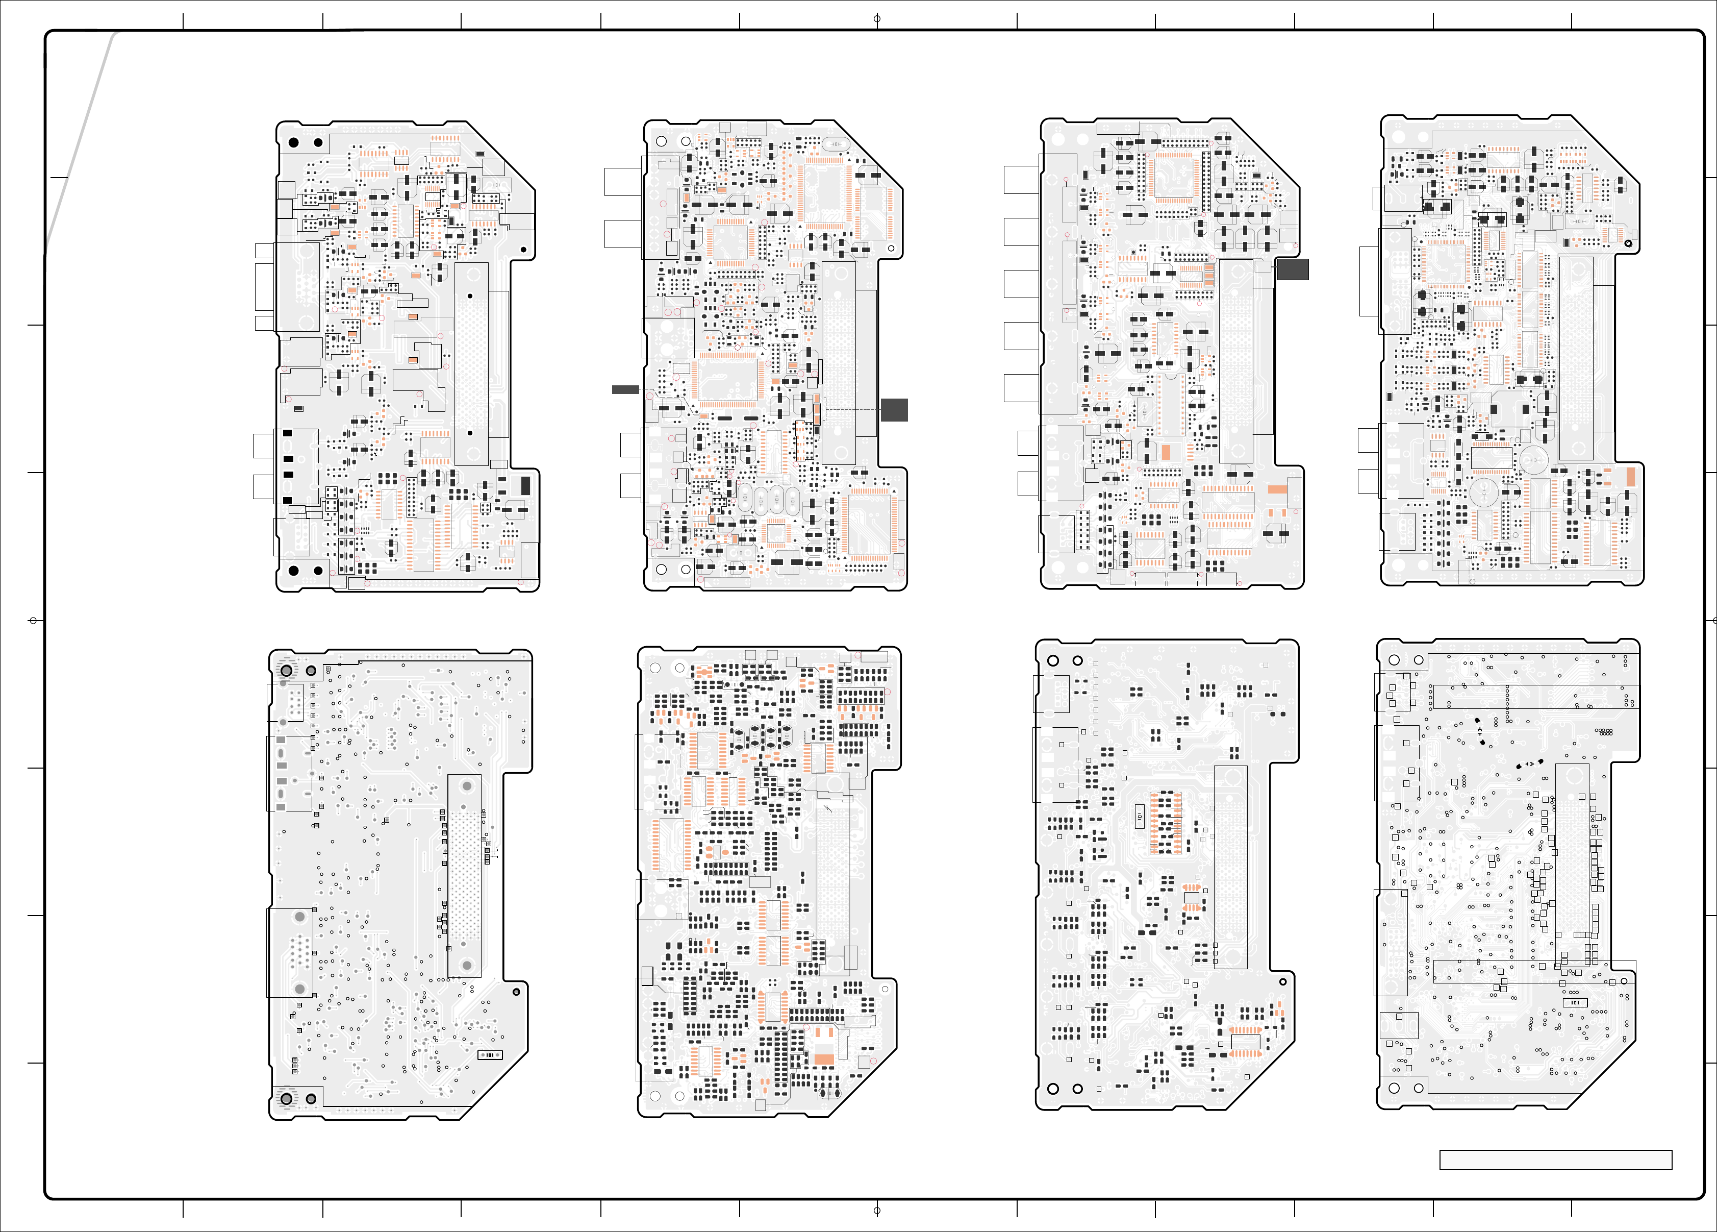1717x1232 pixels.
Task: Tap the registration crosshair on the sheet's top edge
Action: [877, 18]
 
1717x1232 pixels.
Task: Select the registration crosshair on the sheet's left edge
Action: [33, 621]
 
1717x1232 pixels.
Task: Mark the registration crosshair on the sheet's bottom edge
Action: [877, 1211]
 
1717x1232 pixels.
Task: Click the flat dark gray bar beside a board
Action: [625, 389]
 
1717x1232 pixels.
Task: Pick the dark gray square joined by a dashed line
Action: [894, 410]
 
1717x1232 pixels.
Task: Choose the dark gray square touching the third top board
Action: [1292, 269]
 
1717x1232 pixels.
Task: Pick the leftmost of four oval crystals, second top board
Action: [746, 498]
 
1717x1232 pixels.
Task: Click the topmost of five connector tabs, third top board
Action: [1021, 180]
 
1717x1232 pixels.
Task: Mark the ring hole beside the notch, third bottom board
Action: [1282, 981]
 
